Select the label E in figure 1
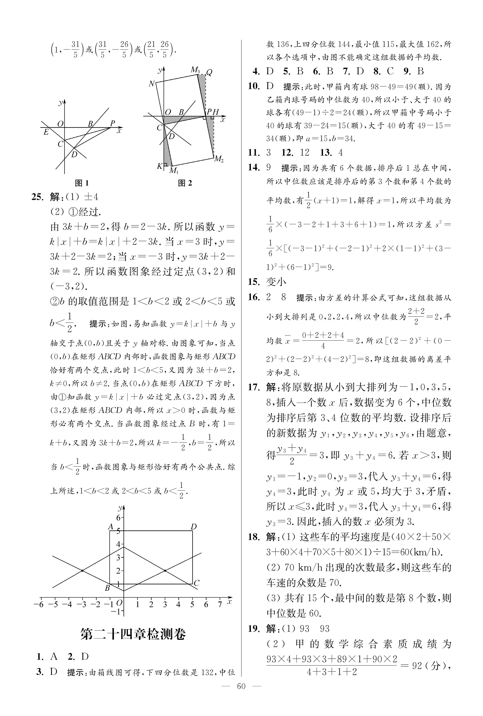click(46, 132)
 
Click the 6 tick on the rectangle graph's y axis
click(118, 518)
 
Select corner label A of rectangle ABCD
click(111, 527)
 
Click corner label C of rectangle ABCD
click(197, 583)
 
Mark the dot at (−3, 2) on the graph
click(82, 571)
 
